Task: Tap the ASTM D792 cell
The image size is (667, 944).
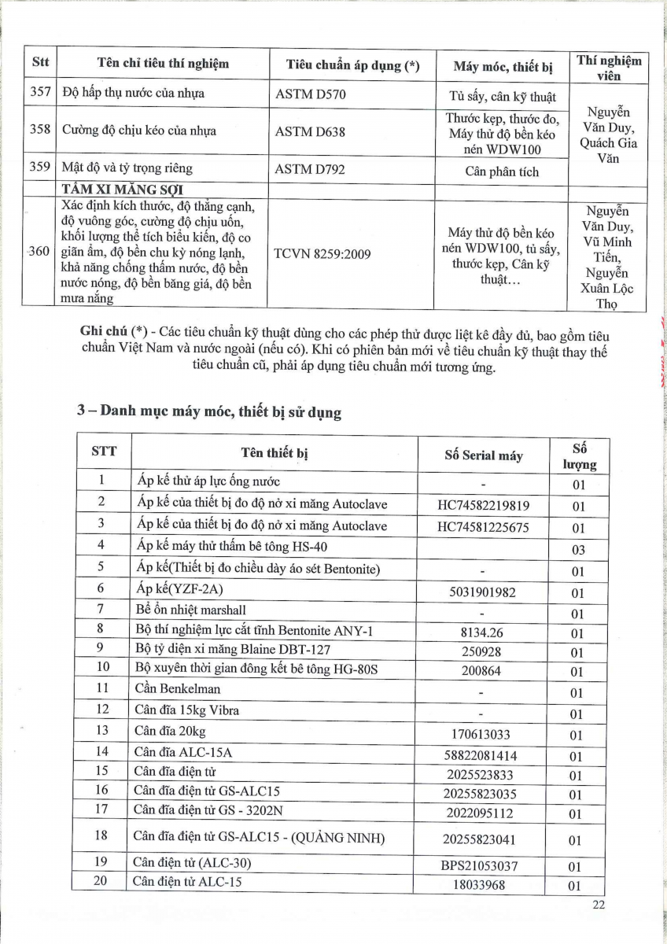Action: tap(311, 169)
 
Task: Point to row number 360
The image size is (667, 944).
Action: tap(39, 252)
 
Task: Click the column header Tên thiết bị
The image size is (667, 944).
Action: tap(274, 452)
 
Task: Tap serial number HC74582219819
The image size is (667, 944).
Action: tap(483, 505)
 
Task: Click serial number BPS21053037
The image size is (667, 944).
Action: tap(484, 865)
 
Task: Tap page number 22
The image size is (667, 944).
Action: tap(599, 906)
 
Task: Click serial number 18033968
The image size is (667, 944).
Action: tap(484, 885)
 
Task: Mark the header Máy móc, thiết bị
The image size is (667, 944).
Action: tap(503, 67)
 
